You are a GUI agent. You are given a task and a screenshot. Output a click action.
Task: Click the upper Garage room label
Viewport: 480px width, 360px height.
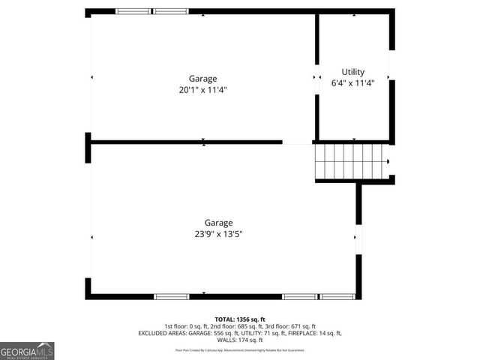point(202,78)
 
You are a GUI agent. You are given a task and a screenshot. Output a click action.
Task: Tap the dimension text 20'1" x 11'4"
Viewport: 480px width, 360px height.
point(202,90)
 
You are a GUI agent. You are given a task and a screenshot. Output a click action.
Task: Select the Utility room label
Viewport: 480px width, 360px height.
point(352,72)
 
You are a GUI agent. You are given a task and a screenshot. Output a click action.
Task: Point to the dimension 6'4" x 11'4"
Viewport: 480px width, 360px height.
point(352,83)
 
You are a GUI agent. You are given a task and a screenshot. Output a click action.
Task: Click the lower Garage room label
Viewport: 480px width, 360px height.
point(218,222)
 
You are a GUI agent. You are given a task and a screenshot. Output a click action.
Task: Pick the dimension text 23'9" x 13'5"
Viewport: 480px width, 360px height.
point(218,234)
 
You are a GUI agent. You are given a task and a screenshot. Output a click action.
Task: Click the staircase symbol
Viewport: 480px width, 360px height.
point(349,160)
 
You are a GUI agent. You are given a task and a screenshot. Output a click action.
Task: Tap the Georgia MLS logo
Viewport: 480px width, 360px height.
point(27,351)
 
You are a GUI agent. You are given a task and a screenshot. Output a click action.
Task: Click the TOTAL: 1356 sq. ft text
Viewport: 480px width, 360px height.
point(240,319)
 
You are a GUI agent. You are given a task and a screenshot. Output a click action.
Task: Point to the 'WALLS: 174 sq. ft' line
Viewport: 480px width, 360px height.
point(240,340)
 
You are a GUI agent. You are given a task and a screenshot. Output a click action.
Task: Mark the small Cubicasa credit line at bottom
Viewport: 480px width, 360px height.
point(240,349)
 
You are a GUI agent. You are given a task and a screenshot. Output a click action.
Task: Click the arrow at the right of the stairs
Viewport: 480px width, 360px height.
point(388,160)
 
